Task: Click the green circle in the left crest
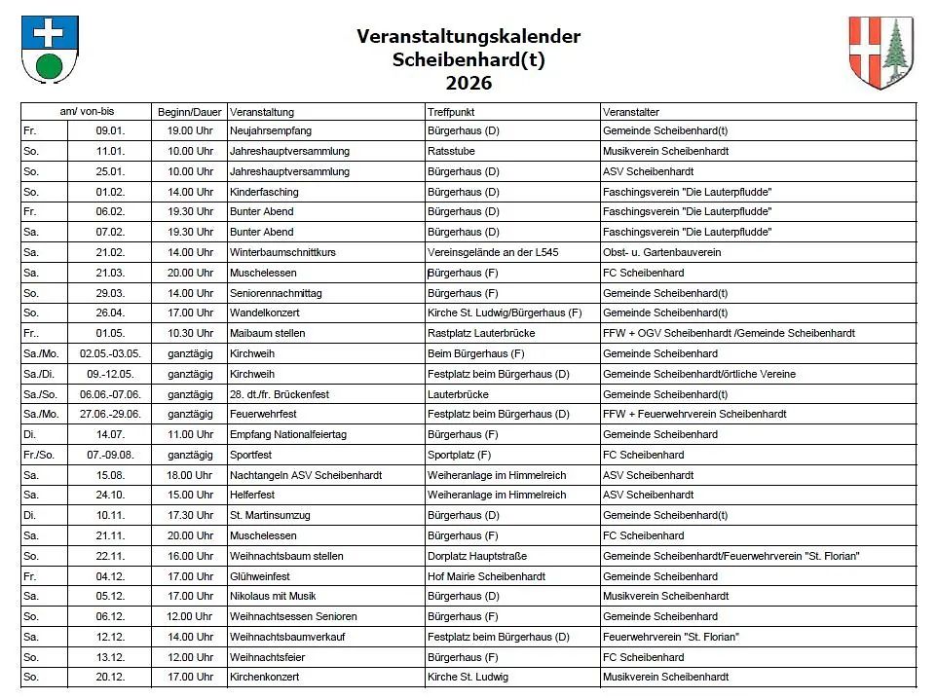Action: [x=50, y=66]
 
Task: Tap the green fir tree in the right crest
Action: [x=895, y=54]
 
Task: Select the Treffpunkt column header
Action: [x=451, y=112]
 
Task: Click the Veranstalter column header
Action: [x=631, y=112]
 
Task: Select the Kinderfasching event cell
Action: [x=264, y=192]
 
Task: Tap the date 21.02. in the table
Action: [x=109, y=252]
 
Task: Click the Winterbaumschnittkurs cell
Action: [x=282, y=252]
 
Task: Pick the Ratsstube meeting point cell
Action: [x=451, y=151]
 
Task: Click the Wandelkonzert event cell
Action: [x=264, y=313]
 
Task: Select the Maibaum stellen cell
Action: [x=267, y=333]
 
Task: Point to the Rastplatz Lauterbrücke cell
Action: [x=480, y=333]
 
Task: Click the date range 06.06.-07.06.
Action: [x=110, y=394]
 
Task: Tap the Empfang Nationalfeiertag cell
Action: [x=287, y=434]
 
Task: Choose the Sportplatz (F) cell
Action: [x=460, y=455]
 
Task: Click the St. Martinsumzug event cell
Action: [x=270, y=515]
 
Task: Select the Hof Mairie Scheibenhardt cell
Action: [x=486, y=576]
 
